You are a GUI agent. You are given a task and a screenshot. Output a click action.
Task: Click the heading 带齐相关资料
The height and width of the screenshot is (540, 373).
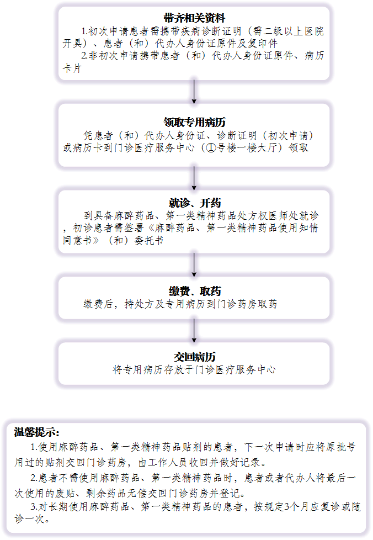click(x=194, y=18)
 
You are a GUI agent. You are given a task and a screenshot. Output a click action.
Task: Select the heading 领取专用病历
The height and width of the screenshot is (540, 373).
click(x=194, y=122)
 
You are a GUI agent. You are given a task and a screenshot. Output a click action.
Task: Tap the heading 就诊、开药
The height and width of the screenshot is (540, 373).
click(x=195, y=203)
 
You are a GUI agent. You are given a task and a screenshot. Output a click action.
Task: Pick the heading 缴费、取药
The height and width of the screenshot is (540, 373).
click(x=195, y=291)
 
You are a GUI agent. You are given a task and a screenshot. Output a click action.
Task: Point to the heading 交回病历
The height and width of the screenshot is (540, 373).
click(x=194, y=357)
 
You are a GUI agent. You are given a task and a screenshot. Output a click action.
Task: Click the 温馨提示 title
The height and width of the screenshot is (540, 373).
click(x=36, y=432)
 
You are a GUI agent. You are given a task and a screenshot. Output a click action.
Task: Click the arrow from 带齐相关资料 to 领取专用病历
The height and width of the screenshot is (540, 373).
click(x=194, y=92)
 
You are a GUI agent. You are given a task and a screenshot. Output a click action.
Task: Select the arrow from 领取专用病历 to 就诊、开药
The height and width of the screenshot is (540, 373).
click(x=194, y=178)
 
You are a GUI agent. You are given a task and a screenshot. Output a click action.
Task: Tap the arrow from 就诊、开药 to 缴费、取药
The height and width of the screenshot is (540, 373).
click(x=194, y=265)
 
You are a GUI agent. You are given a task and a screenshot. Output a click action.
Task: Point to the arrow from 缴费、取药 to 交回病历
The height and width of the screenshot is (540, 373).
click(x=194, y=331)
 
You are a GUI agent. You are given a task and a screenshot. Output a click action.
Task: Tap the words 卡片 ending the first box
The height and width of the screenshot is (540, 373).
click(x=72, y=68)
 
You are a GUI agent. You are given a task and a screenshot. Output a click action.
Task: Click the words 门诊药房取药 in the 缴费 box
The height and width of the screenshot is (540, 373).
click(x=247, y=304)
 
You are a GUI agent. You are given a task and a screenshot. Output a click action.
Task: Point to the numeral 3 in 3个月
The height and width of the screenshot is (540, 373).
click(x=287, y=506)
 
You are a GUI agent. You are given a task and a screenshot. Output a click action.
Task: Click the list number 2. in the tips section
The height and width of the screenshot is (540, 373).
click(x=34, y=478)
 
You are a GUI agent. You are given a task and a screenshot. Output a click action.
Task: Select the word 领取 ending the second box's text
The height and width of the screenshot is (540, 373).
click(x=299, y=148)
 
